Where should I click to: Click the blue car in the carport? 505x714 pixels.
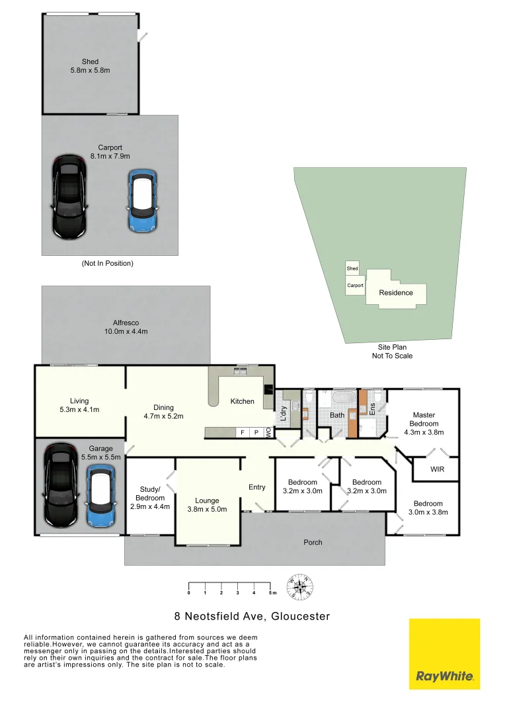click(142, 201)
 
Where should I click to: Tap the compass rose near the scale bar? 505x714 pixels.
click(301, 586)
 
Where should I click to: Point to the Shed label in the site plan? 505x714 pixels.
click(352, 268)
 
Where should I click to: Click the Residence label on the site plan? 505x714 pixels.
click(396, 293)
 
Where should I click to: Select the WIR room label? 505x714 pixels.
click(436, 470)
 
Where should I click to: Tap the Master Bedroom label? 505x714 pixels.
click(423, 419)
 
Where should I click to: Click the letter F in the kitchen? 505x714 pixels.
click(243, 432)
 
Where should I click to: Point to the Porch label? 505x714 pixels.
click(313, 542)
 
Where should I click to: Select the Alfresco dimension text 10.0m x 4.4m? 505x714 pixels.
click(125, 331)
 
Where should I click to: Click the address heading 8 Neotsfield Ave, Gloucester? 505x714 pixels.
click(252, 616)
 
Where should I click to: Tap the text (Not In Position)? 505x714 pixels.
click(108, 263)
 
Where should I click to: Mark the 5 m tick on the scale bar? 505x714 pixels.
click(270, 592)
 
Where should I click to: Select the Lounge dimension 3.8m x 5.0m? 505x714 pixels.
click(206, 509)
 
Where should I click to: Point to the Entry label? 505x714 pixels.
click(256, 487)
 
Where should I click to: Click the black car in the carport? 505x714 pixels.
click(69, 197)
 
